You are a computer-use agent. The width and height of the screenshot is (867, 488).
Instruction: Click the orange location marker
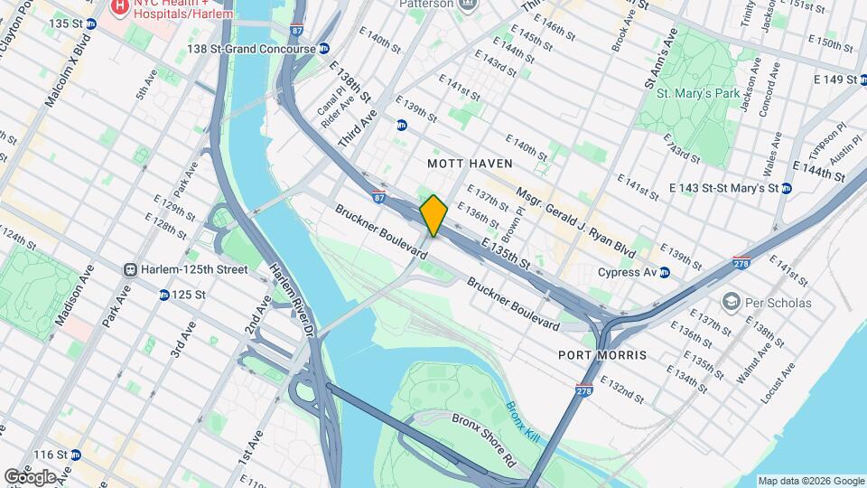[434, 215]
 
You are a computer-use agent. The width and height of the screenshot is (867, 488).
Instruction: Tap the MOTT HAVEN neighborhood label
[470, 164]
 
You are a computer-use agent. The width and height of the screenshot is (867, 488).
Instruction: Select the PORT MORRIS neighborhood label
[602, 355]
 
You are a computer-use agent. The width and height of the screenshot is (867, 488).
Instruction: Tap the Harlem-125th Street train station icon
[131, 269]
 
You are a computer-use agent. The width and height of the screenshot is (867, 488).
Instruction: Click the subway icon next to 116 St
[75, 455]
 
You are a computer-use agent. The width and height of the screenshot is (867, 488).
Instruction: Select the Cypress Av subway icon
[665, 272]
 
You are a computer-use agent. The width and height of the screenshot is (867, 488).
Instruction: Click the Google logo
[30, 476]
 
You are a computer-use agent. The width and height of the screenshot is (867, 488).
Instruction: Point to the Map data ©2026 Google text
[810, 481]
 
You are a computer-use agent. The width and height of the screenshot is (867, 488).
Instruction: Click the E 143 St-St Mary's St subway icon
[786, 188]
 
